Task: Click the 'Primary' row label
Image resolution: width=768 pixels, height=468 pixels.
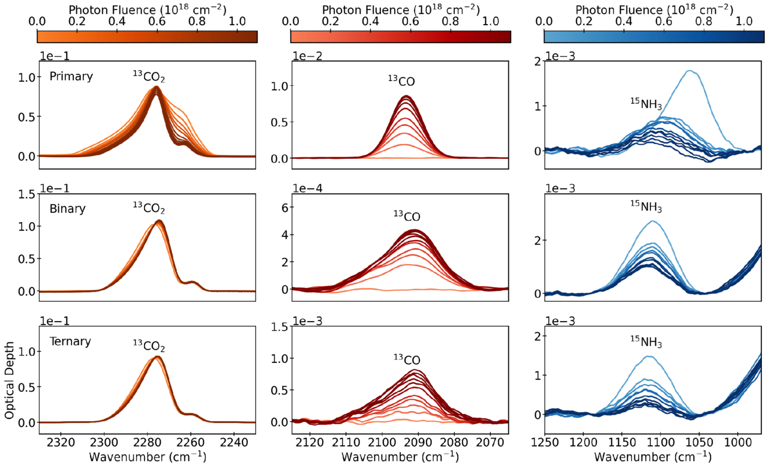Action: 71,77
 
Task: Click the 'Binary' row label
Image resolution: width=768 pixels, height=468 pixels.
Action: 68,209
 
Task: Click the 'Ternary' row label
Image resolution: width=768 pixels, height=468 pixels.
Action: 71,341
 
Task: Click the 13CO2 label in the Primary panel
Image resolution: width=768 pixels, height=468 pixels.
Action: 149,76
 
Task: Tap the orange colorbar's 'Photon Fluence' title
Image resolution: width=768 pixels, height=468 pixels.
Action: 148,10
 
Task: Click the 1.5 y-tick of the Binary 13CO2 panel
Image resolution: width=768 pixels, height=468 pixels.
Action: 27,194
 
